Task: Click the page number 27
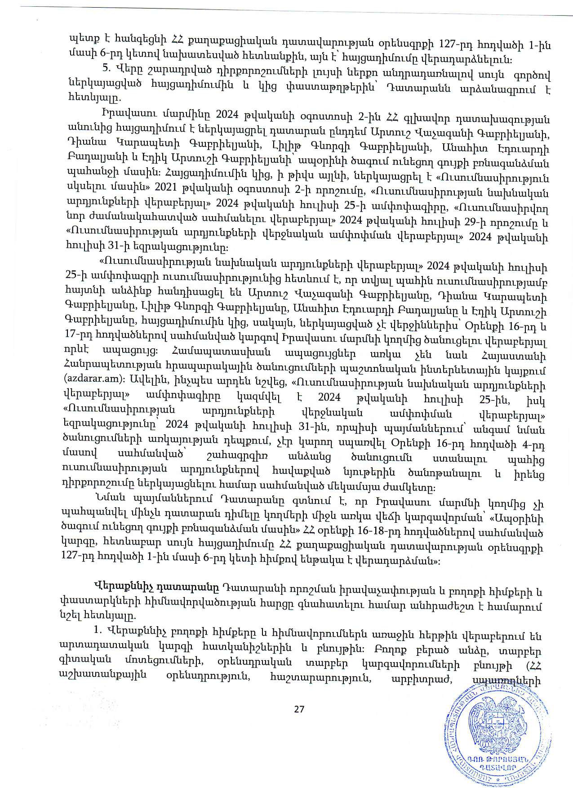point(299,709)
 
